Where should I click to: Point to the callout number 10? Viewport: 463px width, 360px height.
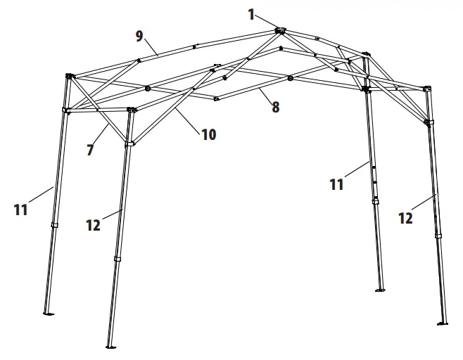tap(208, 133)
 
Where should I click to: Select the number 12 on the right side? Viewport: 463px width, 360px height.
tap(405, 218)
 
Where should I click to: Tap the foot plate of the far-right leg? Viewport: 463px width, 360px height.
tap(442, 323)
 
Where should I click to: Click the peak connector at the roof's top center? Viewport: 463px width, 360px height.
tap(279, 30)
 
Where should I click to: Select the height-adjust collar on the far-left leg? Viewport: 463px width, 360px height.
tap(54, 226)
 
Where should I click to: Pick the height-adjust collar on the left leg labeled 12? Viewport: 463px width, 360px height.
tap(118, 259)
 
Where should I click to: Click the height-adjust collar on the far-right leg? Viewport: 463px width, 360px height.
tap(438, 235)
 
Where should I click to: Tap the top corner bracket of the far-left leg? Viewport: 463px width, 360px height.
tap(69, 76)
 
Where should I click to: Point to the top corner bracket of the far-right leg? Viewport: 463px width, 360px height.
tap(427, 89)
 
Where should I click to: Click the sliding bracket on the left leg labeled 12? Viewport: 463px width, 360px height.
tap(129, 143)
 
